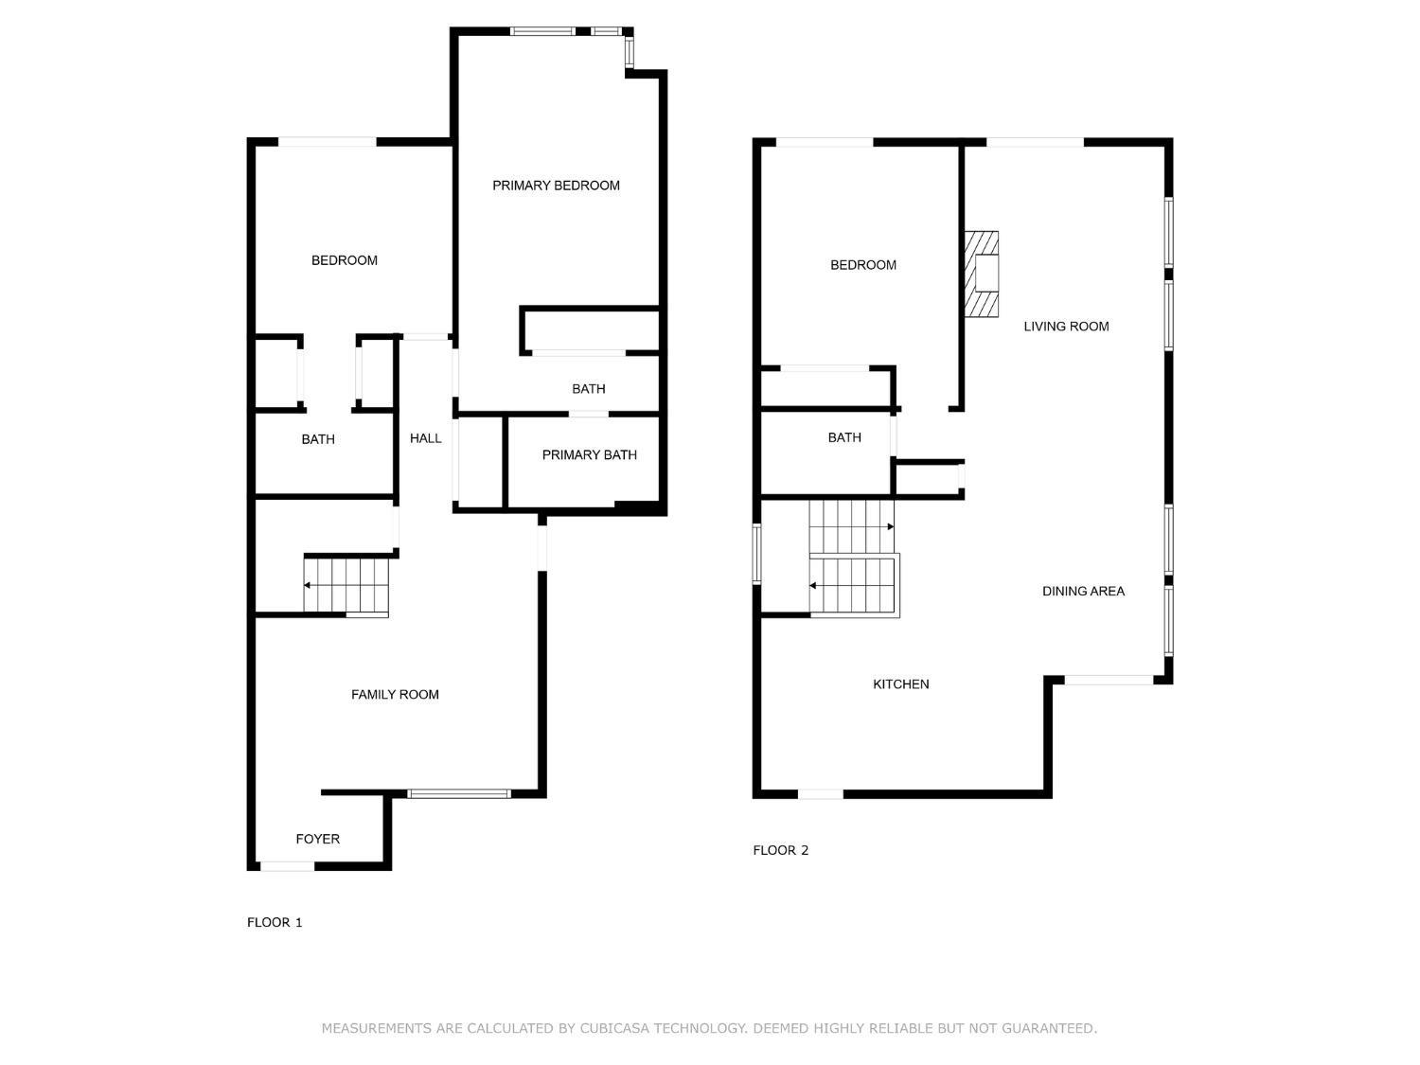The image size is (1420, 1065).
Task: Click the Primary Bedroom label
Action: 556,186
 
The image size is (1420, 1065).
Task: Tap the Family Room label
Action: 395,695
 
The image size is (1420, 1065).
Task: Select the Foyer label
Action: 318,839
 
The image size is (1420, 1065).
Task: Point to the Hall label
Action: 426,438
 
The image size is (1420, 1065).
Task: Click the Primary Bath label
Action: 590,455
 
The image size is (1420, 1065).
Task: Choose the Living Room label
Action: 1066,327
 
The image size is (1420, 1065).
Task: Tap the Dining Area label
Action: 1083,591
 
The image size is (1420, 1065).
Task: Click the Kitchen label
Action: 900,684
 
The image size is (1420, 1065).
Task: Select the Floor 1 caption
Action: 275,922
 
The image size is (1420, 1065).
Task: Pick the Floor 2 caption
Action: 780,850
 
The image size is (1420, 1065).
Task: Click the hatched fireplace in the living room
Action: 981,275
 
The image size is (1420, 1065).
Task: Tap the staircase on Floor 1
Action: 346,585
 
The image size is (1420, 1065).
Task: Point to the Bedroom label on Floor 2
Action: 863,265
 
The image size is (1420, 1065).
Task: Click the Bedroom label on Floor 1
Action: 345,260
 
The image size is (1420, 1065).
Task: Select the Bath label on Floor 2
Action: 844,437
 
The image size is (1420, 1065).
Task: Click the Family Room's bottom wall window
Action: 459,793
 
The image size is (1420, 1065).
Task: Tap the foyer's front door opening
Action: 287,866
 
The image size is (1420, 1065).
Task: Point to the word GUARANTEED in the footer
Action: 1049,1028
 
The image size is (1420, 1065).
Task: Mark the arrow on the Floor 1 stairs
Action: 346,585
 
